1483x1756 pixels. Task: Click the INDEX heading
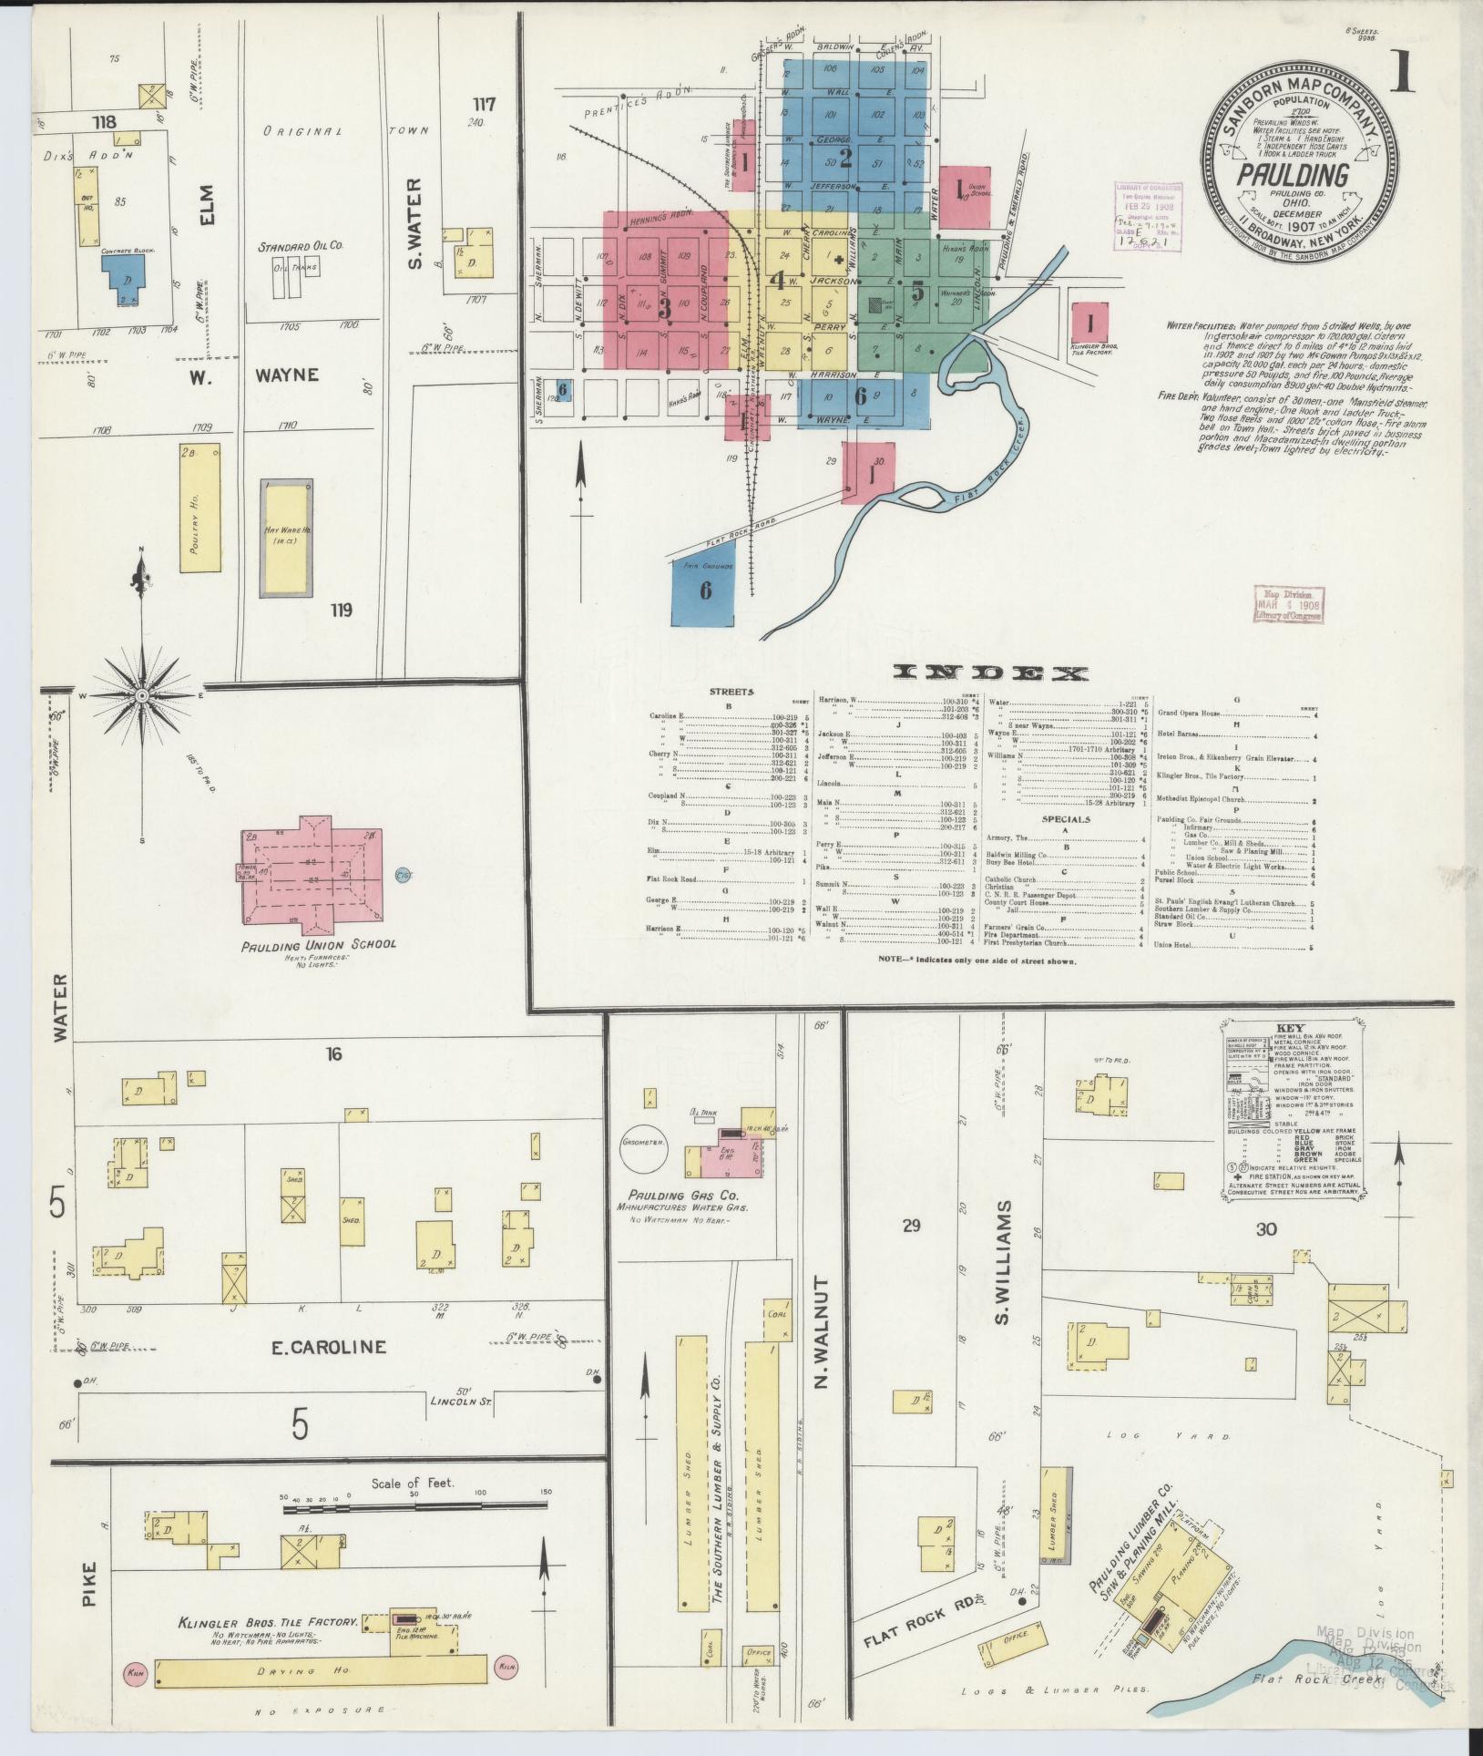tap(991, 673)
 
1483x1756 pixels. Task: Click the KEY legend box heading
tap(1291, 1026)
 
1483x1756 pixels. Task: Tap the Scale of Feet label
tap(412, 1483)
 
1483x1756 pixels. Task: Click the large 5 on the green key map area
tap(916, 293)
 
